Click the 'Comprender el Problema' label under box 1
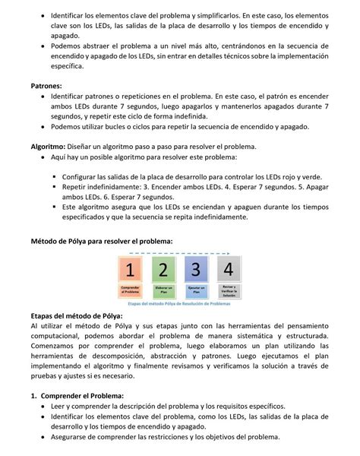[x=131, y=290]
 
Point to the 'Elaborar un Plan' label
[x=163, y=290]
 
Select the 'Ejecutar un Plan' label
[x=195, y=290]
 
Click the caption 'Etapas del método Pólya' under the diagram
[x=179, y=302]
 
